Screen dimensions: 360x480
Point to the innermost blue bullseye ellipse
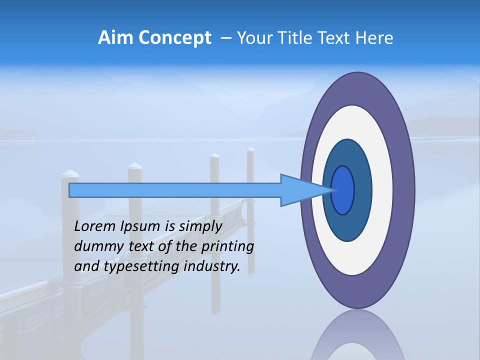[343, 190]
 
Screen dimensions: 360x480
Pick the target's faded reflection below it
[357, 337]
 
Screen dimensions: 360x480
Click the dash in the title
[226, 38]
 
